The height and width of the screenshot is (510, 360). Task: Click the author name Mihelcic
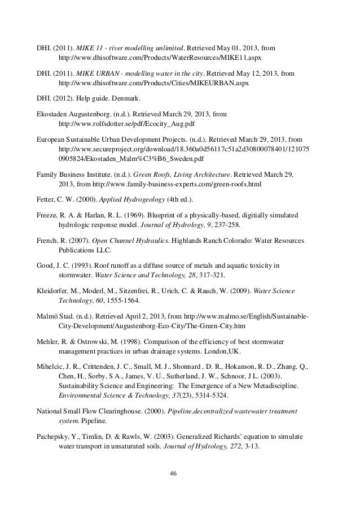[x=51, y=366]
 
